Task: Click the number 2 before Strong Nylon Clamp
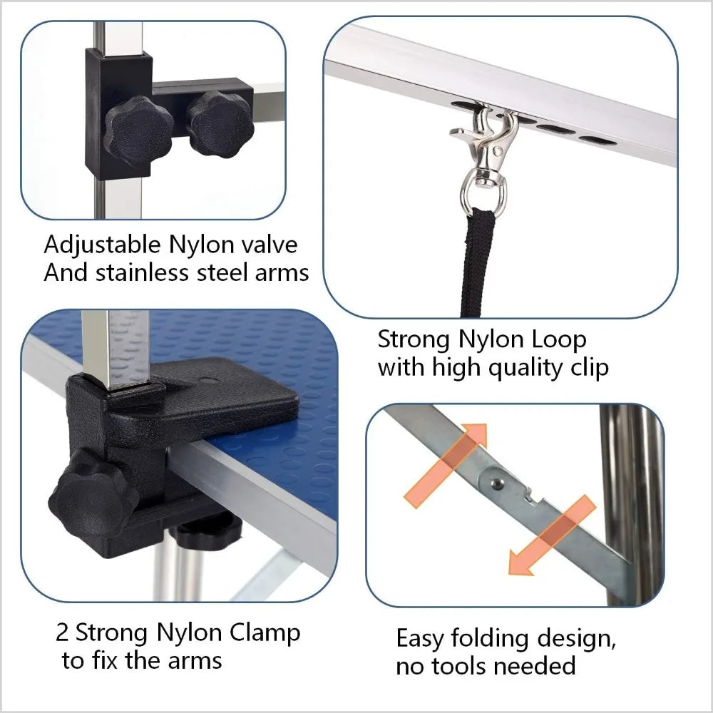point(63,632)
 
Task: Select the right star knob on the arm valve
point(220,123)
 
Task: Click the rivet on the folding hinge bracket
point(496,482)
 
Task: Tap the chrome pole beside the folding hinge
point(632,499)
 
